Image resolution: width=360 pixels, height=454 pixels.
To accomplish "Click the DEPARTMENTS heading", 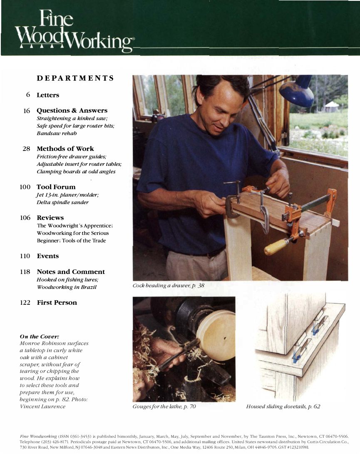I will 75,78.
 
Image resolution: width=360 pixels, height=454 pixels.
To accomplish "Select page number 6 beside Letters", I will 28,95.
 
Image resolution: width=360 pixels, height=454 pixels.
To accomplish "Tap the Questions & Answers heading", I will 72,111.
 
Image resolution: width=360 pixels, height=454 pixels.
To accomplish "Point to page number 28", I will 26,149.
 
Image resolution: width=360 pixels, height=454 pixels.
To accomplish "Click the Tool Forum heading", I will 56,187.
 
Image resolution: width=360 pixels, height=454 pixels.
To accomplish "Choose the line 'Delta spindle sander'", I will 62,202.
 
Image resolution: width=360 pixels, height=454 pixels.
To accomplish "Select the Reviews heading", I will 50,218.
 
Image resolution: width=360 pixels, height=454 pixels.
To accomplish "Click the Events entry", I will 48,256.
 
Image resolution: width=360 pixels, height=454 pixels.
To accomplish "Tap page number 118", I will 25,272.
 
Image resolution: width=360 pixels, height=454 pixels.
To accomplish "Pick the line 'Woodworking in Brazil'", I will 67,287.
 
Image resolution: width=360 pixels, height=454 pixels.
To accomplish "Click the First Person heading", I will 57,303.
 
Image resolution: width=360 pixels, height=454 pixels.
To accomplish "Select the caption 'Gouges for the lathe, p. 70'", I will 164,406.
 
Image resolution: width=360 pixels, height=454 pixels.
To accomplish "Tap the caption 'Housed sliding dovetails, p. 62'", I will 283,406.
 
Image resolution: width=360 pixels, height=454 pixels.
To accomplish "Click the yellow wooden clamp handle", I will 276,247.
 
